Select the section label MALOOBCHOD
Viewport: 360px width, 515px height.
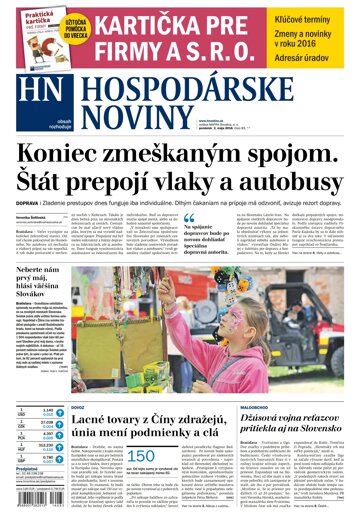pos(259,379)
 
